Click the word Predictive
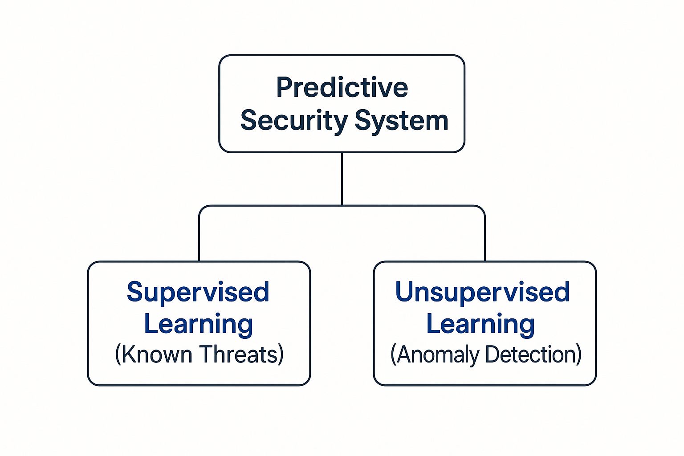(342, 87)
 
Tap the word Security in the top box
(294, 121)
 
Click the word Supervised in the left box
(198, 292)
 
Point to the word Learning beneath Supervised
(198, 324)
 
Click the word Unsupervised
(482, 292)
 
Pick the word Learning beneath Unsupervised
(480, 324)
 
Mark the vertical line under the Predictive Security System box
(342, 178)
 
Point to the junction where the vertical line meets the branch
(342, 205)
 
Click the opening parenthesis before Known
(118, 355)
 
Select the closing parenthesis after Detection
(579, 355)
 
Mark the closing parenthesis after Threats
(281, 355)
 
